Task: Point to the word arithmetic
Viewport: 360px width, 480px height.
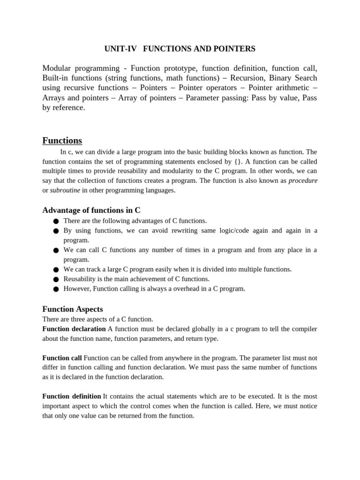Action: [x=289, y=88]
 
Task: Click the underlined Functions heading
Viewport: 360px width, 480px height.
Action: [x=62, y=141]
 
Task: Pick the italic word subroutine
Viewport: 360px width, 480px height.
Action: [x=65, y=190]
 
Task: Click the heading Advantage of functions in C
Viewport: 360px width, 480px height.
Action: [x=91, y=210]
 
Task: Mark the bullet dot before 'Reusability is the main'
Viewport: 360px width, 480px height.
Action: [x=55, y=279]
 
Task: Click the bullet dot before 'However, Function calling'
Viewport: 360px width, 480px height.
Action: [x=55, y=289]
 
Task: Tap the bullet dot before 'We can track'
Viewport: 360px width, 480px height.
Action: [x=55, y=270]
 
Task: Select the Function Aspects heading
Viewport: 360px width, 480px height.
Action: [x=72, y=309]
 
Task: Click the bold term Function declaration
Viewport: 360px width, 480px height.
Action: [x=74, y=329]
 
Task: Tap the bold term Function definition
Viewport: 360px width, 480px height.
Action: [x=71, y=397]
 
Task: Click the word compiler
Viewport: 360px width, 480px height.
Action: [x=304, y=329]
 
